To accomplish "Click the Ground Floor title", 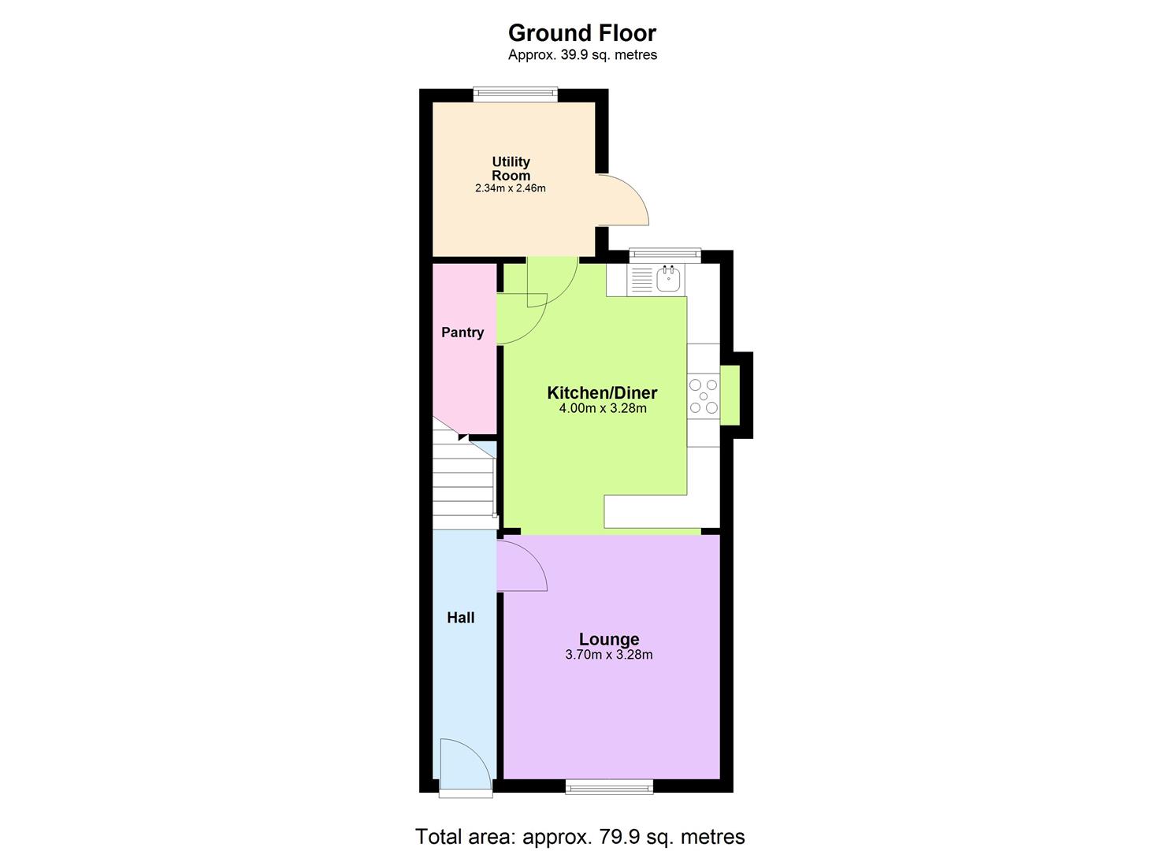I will (x=581, y=33).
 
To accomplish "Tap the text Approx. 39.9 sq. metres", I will (x=581, y=55).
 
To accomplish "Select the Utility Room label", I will (x=511, y=169).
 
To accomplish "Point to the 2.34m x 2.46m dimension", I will (x=510, y=189).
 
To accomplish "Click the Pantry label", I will (x=462, y=333).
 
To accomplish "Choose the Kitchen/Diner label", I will (x=602, y=392).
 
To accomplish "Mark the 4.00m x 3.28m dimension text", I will (x=602, y=409).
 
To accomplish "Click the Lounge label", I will (x=608, y=639).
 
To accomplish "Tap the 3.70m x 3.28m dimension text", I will (x=608, y=655).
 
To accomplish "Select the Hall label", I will (x=461, y=618).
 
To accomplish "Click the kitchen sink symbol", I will (x=669, y=278).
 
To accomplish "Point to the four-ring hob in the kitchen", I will (x=704, y=396).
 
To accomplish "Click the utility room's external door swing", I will (x=622, y=199).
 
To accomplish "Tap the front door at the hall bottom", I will (x=465, y=764).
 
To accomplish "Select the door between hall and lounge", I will (x=521, y=566).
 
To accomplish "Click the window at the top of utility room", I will (x=515, y=95).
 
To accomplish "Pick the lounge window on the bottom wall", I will (x=609, y=786).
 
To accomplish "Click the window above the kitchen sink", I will (x=664, y=255).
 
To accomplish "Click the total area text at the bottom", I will (x=580, y=836).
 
